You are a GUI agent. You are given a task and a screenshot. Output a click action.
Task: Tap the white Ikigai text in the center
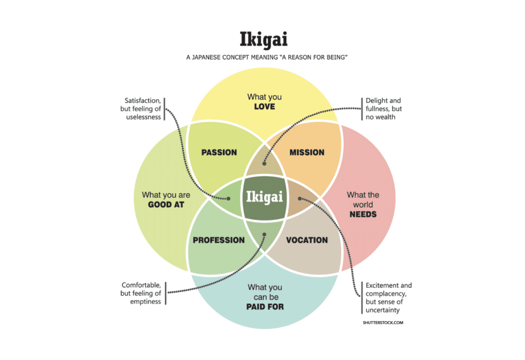tap(264, 197)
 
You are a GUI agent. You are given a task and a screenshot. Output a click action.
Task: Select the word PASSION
tap(219, 153)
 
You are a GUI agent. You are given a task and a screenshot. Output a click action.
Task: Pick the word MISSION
tap(307, 153)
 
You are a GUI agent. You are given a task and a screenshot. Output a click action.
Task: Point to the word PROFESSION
tap(219, 240)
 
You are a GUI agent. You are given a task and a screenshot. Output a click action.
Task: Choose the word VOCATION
tap(307, 240)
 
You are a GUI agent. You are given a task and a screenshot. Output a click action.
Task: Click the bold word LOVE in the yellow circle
tap(265, 107)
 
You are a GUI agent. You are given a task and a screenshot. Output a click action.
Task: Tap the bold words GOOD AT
tap(166, 205)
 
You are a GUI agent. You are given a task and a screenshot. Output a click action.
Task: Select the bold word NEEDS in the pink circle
tap(363, 214)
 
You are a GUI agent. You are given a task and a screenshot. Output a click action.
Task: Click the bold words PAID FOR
tap(265, 307)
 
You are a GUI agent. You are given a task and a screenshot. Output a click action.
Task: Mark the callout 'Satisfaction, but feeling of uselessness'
tap(142, 109)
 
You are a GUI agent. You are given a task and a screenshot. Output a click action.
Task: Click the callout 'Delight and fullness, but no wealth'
tap(383, 108)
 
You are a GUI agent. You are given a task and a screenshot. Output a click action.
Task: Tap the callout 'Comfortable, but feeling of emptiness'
tap(141, 293)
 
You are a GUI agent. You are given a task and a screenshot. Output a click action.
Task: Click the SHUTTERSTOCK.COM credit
tap(382, 323)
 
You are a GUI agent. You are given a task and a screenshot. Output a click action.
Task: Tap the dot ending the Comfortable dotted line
tap(263, 233)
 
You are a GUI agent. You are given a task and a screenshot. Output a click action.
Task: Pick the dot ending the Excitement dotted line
tap(299, 199)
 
